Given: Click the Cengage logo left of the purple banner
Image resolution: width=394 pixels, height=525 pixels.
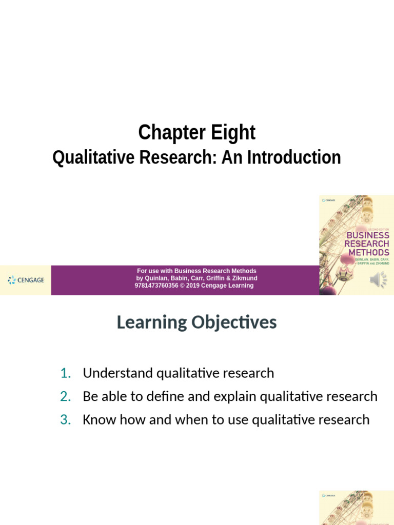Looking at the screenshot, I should pos(26,280).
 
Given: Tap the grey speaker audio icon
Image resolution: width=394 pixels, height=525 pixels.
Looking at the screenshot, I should pos(379,280).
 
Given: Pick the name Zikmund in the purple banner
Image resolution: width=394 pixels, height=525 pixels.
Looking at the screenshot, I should pos(245,278).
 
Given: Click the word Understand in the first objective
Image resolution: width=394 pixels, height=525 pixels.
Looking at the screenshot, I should pos(117,373).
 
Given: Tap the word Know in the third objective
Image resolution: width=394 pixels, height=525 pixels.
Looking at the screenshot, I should pos(98,420).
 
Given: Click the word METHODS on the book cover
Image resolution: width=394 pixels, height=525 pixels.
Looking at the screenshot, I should pos(368,252).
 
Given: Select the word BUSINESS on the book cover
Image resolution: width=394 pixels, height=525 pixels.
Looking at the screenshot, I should pos(368,236).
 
